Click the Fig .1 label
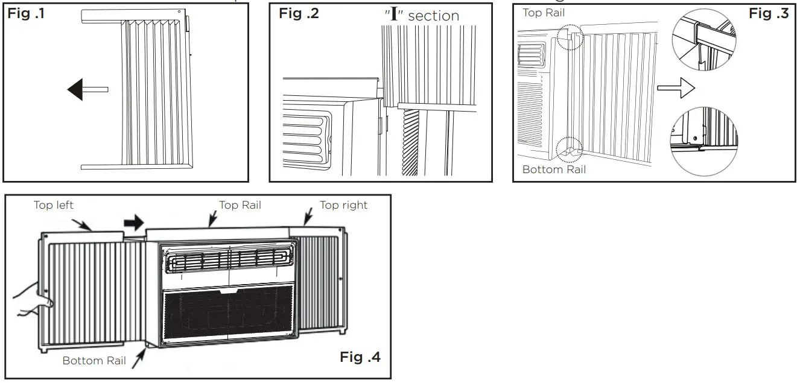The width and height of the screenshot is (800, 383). [x=25, y=14]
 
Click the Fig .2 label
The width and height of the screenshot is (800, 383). [x=299, y=14]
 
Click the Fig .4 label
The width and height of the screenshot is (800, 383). [x=361, y=357]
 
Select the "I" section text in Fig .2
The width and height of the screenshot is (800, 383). [x=422, y=15]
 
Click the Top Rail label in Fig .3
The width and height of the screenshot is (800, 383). [x=544, y=13]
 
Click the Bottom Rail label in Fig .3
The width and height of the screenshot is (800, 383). [x=554, y=169]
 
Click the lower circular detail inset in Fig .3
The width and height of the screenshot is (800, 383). [x=704, y=139]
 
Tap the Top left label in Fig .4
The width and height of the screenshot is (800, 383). [x=54, y=205]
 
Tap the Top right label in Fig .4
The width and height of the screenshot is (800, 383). [x=343, y=205]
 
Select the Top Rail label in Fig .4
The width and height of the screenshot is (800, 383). [x=240, y=205]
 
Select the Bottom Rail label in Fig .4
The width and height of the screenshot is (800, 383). [x=94, y=361]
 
